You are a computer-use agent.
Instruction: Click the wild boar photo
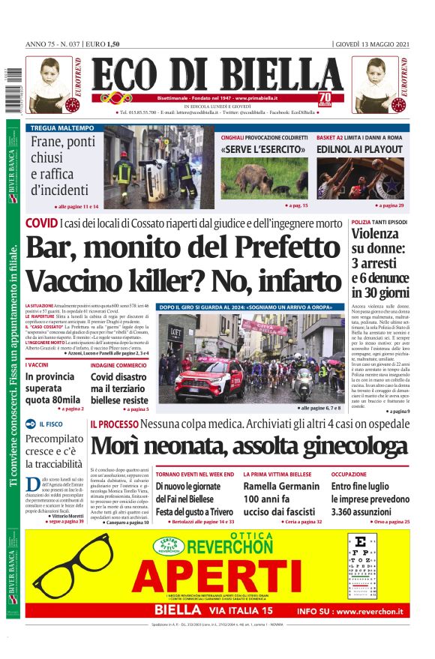[263, 178]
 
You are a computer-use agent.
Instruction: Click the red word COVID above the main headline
[40, 223]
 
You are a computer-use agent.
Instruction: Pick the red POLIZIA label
[361, 223]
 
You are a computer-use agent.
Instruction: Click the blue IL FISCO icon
[31, 424]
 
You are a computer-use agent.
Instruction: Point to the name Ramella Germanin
[280, 486]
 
